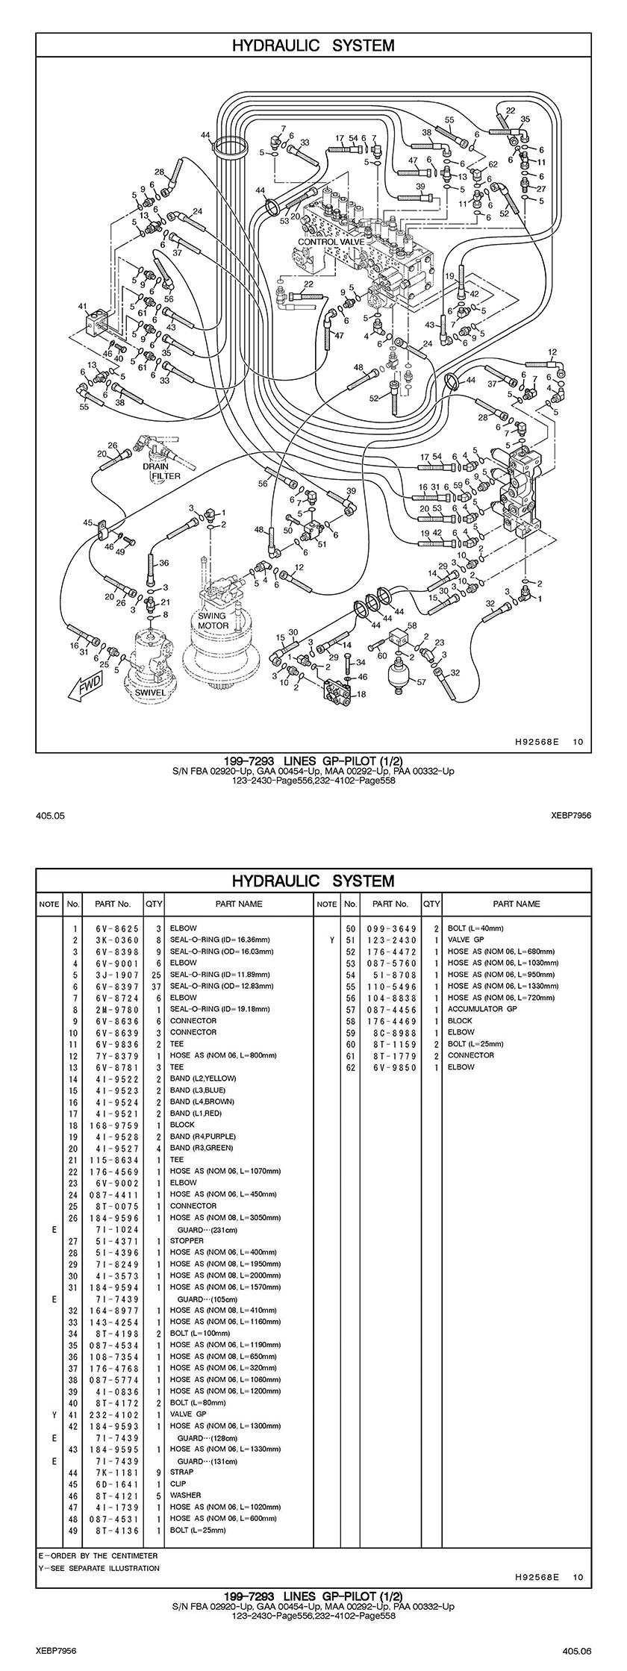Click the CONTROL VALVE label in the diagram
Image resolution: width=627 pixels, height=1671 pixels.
pyautogui.click(x=328, y=242)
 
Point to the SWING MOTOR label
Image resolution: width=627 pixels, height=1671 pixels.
pyautogui.click(x=212, y=621)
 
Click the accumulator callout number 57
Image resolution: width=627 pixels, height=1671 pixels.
pyautogui.click(x=421, y=682)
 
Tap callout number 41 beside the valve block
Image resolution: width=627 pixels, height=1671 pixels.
pyautogui.click(x=82, y=306)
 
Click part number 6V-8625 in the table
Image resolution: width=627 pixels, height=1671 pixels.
pyautogui.click(x=113, y=928)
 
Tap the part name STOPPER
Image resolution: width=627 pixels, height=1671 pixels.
pyautogui.click(x=187, y=1241)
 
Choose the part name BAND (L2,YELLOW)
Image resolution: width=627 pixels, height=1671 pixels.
pyautogui.click(x=202, y=1078)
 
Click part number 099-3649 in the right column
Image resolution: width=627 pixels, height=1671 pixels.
pyautogui.click(x=390, y=928)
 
